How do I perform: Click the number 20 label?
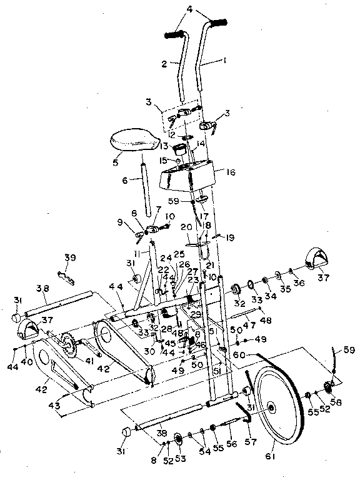click(x=186, y=228)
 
